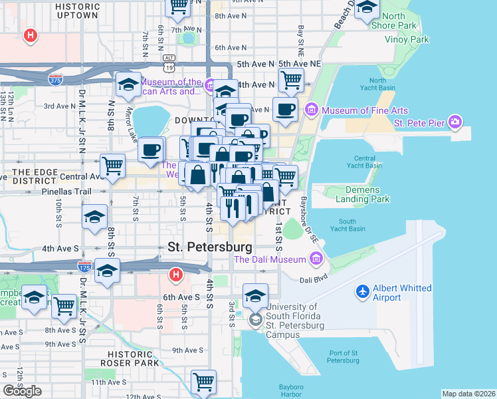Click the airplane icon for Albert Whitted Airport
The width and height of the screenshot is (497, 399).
tap(363, 291)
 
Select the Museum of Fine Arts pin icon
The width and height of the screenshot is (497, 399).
tap(310, 108)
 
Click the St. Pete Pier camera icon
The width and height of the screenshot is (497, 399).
tap(454, 122)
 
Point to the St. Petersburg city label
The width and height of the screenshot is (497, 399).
tap(209, 247)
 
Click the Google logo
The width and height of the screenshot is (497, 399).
tap(22, 391)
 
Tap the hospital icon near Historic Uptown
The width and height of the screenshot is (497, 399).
tap(29, 35)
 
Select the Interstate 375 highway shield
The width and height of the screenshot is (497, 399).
tap(56, 80)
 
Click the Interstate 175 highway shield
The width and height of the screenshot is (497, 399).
tap(84, 267)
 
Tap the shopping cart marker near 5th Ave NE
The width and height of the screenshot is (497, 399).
tap(291, 80)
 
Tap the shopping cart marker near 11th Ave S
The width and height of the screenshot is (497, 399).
tap(203, 382)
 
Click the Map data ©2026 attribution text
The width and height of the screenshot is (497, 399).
tap(468, 394)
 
